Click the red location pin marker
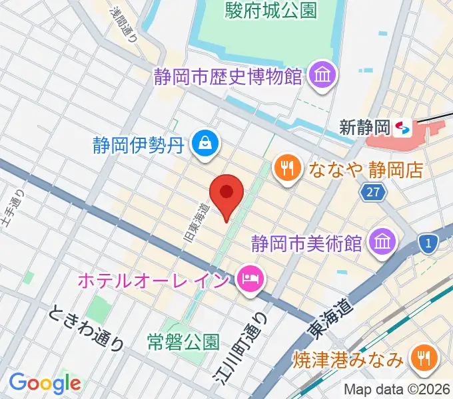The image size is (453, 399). [226, 194]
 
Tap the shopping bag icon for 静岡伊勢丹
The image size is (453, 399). [202, 142]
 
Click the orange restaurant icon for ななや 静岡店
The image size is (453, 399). [286, 168]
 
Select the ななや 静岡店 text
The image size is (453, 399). [366, 168]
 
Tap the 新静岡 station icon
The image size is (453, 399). [402, 127]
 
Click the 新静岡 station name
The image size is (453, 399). [364, 127]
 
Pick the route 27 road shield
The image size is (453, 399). [374, 192]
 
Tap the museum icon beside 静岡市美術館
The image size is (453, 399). [382, 241]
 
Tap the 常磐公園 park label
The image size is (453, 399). [183, 342]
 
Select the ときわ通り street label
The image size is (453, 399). [86, 326]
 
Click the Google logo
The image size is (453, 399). [44, 383]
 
